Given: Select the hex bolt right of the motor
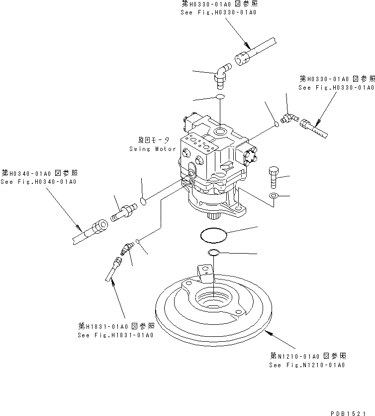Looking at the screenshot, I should [273, 177].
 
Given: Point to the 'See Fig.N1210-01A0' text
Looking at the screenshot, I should [307, 365].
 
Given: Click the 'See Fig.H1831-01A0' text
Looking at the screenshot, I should [115, 335].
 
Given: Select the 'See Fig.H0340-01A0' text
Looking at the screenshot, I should [38, 181].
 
